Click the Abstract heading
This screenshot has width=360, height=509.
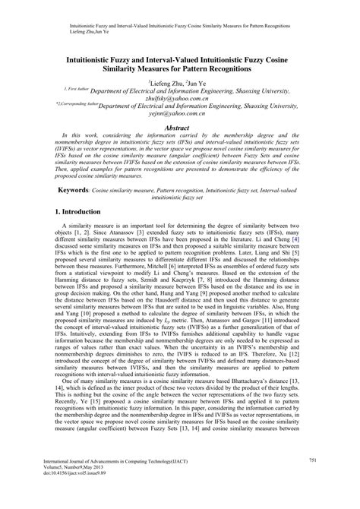click(x=179, y=129)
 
